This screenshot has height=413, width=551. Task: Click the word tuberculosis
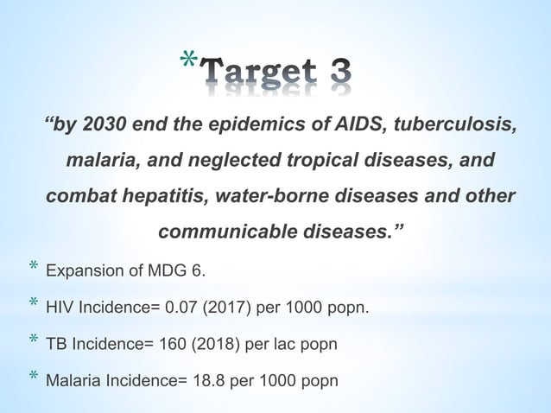click(456, 125)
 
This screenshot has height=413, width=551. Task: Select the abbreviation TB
click(55, 343)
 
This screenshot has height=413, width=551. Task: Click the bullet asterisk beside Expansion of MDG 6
click(33, 270)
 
